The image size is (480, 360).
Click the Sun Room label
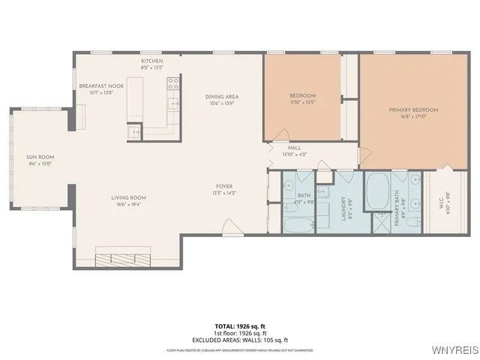pyautogui.click(x=40, y=157)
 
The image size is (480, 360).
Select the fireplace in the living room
pyautogui.click(x=124, y=258)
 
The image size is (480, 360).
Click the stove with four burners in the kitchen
pyautogui.click(x=172, y=84)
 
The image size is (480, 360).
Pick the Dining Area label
pyautogui.click(x=222, y=96)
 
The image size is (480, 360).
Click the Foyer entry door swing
pyautogui.click(x=233, y=223)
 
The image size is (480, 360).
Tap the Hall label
pyautogui.click(x=284, y=148)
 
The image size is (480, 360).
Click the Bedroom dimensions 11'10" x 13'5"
pyautogui.click(x=303, y=103)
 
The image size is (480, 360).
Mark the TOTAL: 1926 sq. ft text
pyautogui.click(x=240, y=326)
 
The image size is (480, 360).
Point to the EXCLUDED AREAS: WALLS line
pyautogui.click(x=240, y=338)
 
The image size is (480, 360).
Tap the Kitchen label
pyautogui.click(x=152, y=61)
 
